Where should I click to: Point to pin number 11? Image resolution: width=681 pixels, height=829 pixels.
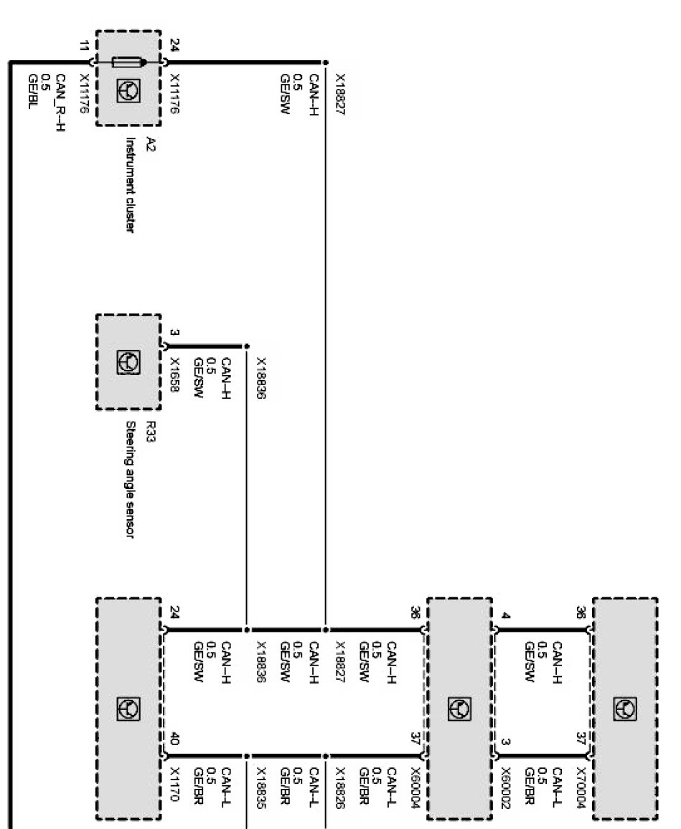pos(87,48)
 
